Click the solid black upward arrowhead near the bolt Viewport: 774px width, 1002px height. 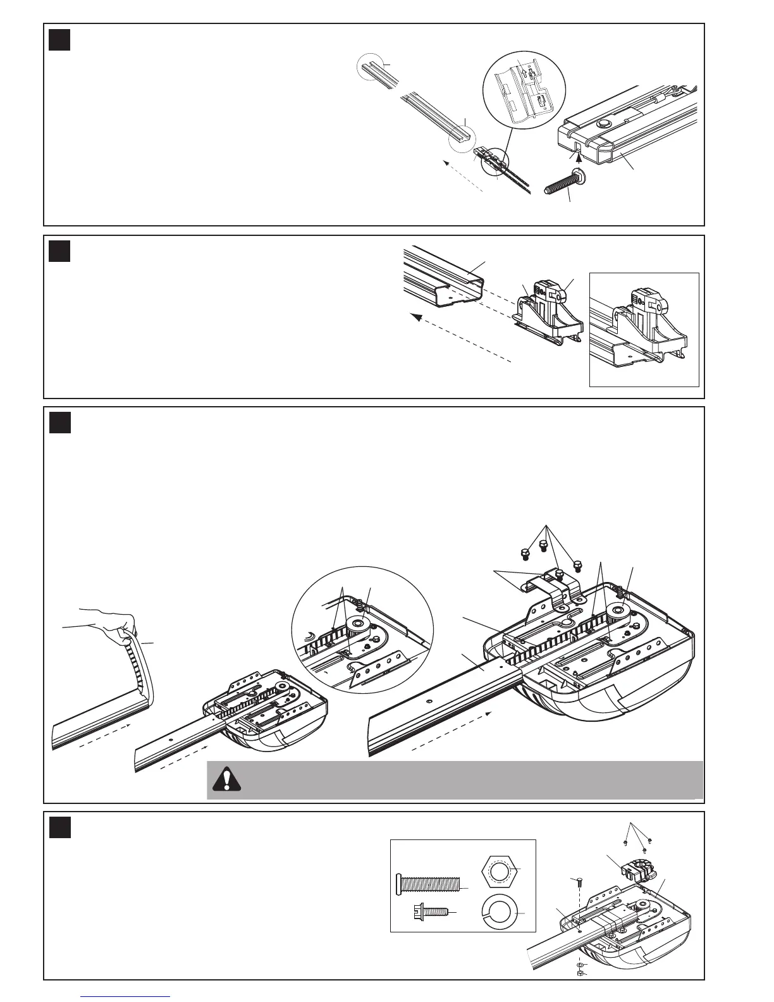click(581, 151)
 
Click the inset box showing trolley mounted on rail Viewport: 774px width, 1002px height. click(644, 329)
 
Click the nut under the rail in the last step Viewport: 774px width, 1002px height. click(580, 972)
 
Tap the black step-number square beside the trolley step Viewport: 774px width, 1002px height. click(59, 251)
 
